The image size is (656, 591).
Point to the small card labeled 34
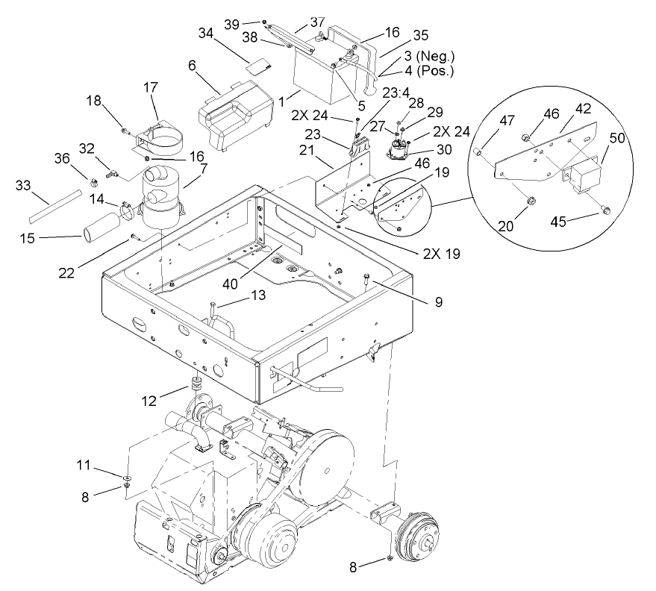[258, 66]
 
